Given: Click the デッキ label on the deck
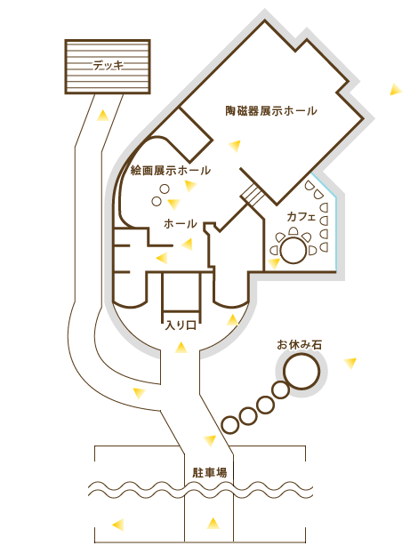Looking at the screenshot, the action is coord(109,66).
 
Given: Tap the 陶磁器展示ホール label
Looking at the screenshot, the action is coord(271,110).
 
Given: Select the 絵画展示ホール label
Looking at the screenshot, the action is coord(170,171).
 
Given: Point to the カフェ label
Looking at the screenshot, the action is coord(301,217).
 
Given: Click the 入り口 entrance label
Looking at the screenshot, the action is coord(181,325).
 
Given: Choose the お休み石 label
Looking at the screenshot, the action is coord(300,344).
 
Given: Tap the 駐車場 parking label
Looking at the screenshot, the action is coord(210,473).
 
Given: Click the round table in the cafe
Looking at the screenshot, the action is coord(293,250).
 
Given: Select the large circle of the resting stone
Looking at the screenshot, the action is coord(301,372).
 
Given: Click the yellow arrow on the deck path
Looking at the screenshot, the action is coord(103,116).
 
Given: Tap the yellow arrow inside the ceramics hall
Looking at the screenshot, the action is coord(235,146).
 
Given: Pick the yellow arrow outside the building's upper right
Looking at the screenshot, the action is coord(396,90).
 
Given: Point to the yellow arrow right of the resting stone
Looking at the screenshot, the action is coord(350,363).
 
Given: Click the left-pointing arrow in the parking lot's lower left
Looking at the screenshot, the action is coord(118,525).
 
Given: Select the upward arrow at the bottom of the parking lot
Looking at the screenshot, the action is coord(213,523).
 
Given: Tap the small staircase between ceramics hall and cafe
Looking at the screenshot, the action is coord(252,195).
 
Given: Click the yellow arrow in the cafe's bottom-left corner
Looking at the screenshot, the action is coord(274,263).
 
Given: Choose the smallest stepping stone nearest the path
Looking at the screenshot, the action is coord(230,425).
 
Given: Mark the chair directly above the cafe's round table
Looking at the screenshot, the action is coord(293,231).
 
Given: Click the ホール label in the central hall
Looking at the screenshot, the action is coord(181,224).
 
